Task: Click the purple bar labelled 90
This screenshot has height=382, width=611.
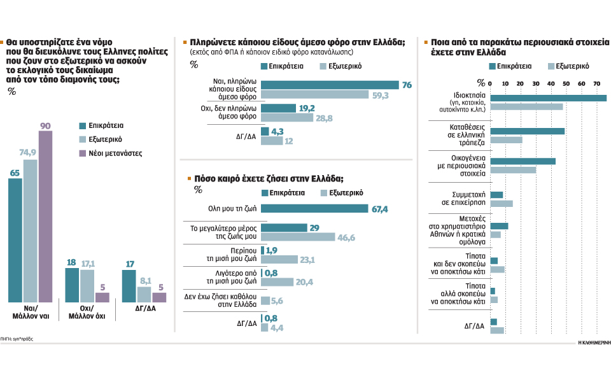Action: (46, 217)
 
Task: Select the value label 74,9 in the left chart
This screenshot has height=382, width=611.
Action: (30, 153)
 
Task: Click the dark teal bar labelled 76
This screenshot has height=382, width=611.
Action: (330, 85)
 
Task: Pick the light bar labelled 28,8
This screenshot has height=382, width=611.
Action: (287, 118)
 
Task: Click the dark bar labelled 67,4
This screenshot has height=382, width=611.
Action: (314, 208)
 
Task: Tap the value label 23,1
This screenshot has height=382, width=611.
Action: (307, 260)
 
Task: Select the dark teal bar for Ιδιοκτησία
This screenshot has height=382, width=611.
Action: (548, 98)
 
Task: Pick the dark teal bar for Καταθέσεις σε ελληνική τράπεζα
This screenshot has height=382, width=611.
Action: (527, 131)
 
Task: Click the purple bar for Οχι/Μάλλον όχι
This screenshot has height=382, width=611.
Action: (102, 297)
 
